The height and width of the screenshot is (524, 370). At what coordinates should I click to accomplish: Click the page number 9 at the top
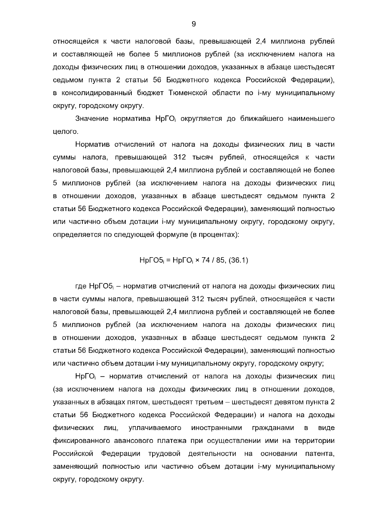pyautogui.click(x=194, y=24)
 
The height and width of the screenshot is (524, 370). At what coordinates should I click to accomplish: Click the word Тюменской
pyautogui.click(x=187, y=93)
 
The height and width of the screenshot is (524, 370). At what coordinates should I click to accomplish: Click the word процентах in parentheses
pyautogui.click(x=215, y=235)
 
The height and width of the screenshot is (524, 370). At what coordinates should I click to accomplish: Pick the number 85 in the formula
pyautogui.click(x=220, y=260)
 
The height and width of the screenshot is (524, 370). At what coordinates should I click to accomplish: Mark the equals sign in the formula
pyautogui.click(x=168, y=261)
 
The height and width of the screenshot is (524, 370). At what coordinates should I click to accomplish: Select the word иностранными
pyautogui.click(x=216, y=428)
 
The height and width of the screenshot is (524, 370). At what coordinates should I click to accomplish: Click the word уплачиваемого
pyautogui.click(x=154, y=428)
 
